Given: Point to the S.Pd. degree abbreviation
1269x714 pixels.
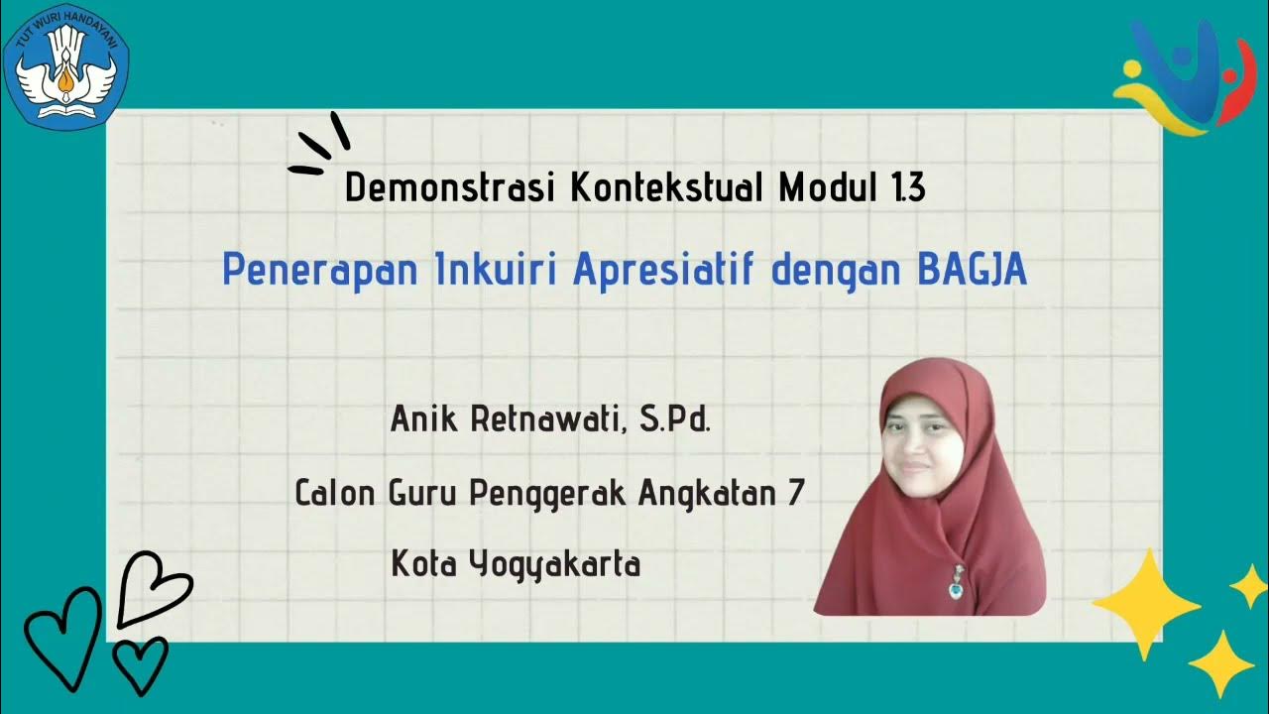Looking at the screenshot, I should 675,419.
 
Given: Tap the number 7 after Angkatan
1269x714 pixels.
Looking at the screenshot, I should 795,492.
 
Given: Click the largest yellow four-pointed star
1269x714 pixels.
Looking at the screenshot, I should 1146,603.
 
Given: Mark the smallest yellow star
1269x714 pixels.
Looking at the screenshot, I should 1248,585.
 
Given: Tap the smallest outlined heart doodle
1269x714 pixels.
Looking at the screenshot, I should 140,662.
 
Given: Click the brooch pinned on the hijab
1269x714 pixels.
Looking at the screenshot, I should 958,585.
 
